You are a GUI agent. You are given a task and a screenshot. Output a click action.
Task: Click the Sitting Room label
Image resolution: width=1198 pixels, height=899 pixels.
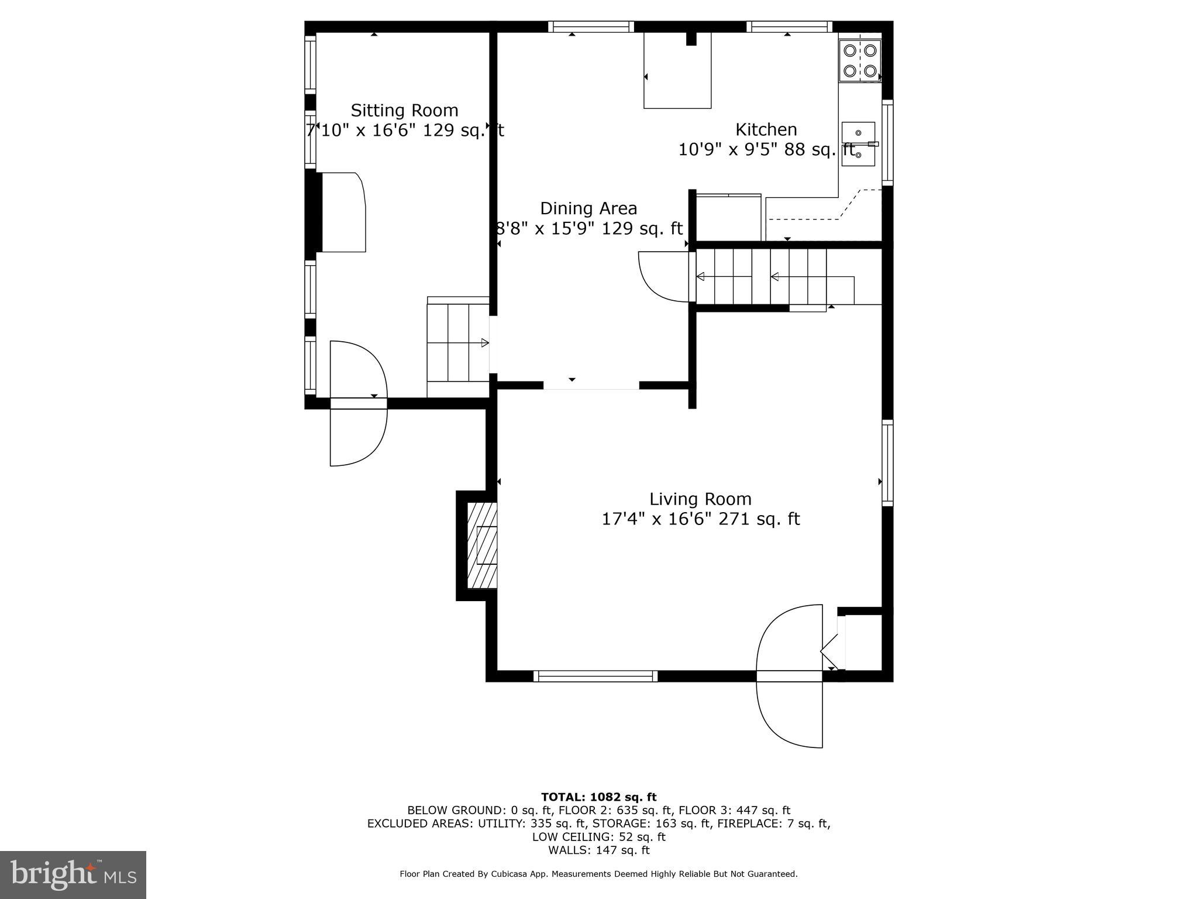click(404, 111)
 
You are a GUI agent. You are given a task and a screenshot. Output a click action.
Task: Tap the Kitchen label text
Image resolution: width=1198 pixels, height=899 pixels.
click(766, 129)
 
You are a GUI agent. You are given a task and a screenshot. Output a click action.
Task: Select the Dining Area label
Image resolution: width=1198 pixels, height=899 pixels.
click(588, 208)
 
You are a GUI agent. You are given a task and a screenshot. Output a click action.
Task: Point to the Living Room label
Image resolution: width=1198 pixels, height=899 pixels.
click(700, 499)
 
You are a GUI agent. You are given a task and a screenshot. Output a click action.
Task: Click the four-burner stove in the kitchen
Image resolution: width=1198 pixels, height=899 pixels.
click(859, 61)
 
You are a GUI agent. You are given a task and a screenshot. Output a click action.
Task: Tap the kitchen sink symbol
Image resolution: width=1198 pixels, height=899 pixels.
click(858, 144)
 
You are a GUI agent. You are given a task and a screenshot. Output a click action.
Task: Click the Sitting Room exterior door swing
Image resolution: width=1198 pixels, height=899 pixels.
click(358, 404)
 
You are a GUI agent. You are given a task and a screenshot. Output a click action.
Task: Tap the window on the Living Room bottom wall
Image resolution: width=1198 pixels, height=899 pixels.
click(595, 677)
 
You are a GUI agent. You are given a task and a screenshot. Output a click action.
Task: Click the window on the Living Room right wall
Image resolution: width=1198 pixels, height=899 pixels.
click(887, 462)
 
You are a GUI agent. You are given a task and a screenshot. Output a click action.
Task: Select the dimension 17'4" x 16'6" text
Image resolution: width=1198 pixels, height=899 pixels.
click(700, 519)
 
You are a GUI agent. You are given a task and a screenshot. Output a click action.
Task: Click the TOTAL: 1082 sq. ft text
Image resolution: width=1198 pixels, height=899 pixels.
click(598, 797)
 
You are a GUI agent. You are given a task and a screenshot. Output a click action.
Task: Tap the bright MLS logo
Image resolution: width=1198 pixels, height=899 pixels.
click(73, 875)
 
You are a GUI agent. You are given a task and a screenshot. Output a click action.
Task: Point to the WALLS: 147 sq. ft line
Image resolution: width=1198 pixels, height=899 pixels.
click(598, 850)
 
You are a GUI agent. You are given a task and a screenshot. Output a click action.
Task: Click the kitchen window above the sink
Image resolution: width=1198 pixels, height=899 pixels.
click(887, 143)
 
